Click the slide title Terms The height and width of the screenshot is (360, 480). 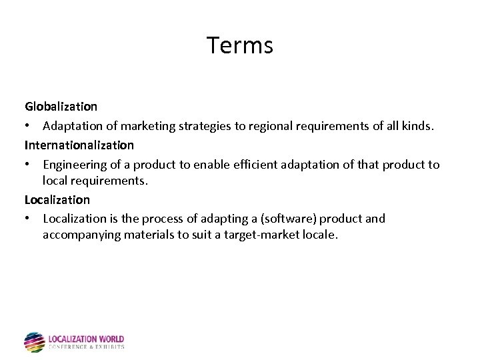click(x=239, y=45)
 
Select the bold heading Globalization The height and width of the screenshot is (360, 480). click(x=61, y=106)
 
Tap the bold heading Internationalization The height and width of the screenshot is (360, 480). click(x=79, y=145)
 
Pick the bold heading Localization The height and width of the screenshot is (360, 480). click(x=57, y=199)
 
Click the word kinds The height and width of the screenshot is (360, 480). click(x=418, y=125)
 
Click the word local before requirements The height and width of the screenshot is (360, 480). click(x=56, y=180)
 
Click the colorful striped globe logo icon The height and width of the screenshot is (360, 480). click(x=34, y=342)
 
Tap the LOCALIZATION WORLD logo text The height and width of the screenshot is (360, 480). click(x=86, y=339)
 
